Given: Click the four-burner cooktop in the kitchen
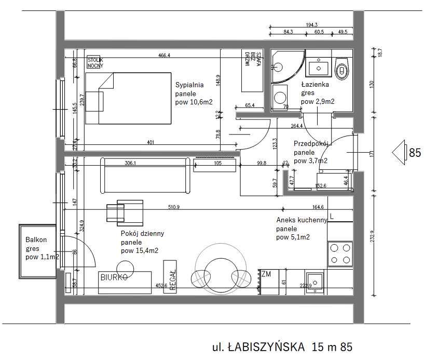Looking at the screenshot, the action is pos(340,255).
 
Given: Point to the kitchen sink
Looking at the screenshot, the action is pos(314,282).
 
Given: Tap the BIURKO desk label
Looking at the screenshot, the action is pos(114,277).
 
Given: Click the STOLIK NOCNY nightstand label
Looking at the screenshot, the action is pos(95,62).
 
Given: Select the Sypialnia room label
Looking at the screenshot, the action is pos(189,85).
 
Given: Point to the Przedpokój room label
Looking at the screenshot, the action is pos(310,144).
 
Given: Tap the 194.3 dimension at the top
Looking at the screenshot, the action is pos(312,24).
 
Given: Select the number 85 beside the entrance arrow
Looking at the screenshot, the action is pos(415,153).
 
